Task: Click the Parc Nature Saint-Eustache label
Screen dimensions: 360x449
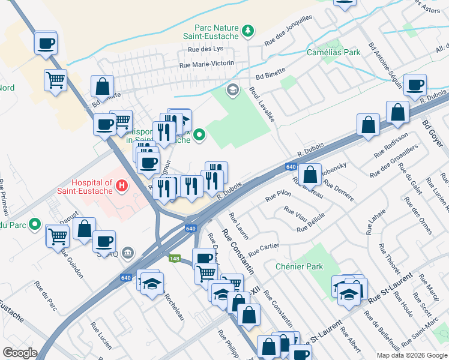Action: point(216,31)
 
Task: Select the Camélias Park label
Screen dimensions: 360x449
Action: point(333,52)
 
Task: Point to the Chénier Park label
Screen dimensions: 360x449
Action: point(298,266)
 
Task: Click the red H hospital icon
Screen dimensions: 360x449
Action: point(122,186)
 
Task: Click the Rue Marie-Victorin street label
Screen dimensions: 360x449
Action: point(206,64)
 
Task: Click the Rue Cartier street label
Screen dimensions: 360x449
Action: point(264,247)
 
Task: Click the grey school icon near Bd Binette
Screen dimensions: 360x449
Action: point(232,91)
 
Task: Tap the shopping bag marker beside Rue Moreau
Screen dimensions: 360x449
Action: point(310,175)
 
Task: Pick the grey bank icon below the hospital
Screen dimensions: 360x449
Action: point(127,253)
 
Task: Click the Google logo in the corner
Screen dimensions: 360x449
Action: point(20,353)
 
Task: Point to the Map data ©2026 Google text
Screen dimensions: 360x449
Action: point(411,355)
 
